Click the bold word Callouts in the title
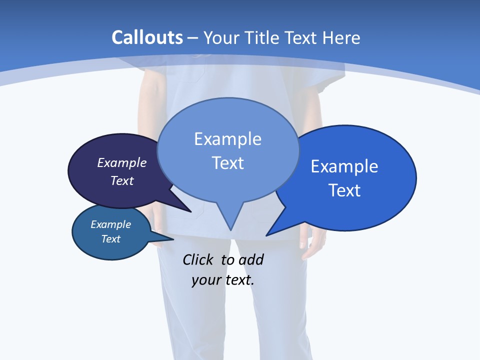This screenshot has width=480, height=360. [147, 37]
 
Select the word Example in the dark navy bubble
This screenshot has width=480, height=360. [121, 162]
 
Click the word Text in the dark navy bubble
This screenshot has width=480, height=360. [121, 180]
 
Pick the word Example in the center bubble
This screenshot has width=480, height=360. [227, 139]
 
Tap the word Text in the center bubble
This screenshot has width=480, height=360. [227, 163]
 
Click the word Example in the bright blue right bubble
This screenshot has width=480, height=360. [344, 166]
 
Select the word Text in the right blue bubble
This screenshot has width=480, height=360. [344, 190]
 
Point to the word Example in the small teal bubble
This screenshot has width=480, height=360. [110, 224]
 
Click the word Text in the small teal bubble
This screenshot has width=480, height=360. [110, 239]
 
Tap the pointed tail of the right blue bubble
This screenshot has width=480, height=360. [272, 231]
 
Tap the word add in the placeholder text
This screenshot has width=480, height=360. [250, 259]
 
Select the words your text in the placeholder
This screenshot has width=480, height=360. [222, 280]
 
